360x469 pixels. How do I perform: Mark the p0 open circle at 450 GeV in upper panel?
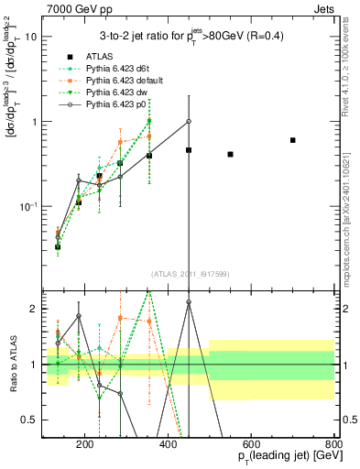pos(189,121)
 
